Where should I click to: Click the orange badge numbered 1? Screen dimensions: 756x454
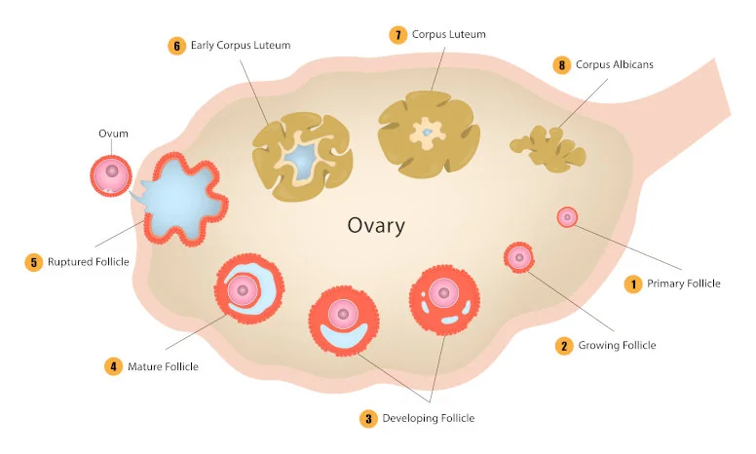click(x=633, y=284)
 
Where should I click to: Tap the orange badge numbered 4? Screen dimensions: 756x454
click(x=113, y=366)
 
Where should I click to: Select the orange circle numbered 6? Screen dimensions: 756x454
click(x=177, y=46)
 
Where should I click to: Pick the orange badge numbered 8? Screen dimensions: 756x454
click(x=562, y=65)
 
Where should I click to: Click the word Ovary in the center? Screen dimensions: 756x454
click(x=376, y=226)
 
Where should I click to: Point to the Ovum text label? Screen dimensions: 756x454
click(x=113, y=133)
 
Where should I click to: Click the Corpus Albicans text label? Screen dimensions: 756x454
click(x=614, y=64)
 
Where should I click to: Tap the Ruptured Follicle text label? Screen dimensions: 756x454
click(x=89, y=262)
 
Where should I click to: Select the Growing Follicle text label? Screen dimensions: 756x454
click(x=617, y=345)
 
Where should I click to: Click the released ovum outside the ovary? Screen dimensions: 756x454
click(x=111, y=175)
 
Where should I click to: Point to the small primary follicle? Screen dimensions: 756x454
click(x=567, y=217)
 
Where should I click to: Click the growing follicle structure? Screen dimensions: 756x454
click(x=519, y=258)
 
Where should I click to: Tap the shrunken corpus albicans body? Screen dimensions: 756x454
click(x=549, y=149)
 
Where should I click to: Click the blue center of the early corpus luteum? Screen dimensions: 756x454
click(x=300, y=160)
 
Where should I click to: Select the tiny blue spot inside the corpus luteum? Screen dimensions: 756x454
click(x=427, y=132)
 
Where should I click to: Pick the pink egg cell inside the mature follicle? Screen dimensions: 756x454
click(x=243, y=290)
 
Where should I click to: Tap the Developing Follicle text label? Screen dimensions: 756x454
click(x=428, y=418)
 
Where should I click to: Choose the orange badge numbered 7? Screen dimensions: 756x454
click(x=398, y=35)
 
